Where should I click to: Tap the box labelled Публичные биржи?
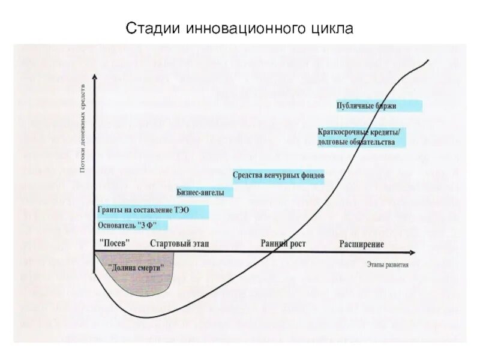click(379, 106)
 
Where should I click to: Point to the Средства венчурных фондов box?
click(278, 176)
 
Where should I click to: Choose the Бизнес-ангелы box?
click(202, 193)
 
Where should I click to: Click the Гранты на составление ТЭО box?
click(152, 211)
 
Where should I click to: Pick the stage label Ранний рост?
click(283, 243)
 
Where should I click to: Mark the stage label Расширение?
click(361, 244)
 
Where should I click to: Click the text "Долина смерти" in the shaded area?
click(136, 269)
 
